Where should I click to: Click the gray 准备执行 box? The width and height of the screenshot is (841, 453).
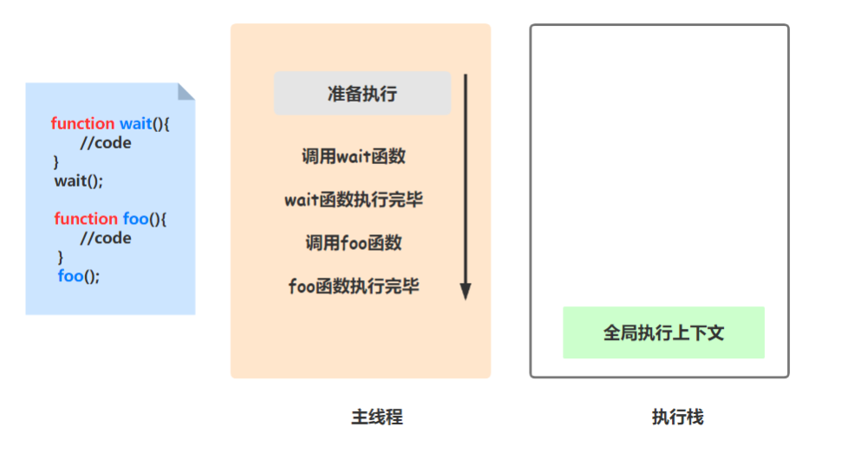(x=362, y=94)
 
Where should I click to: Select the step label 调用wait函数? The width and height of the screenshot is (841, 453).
(x=354, y=157)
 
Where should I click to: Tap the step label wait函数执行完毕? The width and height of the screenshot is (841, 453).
(x=354, y=200)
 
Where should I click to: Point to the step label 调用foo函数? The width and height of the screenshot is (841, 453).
(x=354, y=243)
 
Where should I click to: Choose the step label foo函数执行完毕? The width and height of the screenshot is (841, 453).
(x=354, y=286)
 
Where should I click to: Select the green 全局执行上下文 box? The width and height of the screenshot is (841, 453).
(x=663, y=332)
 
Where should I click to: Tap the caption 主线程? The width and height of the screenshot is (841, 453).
(x=377, y=417)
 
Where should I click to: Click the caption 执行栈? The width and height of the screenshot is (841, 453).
(x=677, y=417)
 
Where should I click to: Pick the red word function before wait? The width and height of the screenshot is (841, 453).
(x=82, y=124)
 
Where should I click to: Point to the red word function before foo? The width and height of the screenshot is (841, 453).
(x=86, y=219)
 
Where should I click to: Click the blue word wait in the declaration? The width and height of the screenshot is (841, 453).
(x=135, y=124)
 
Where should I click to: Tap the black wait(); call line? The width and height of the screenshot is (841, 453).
(x=79, y=181)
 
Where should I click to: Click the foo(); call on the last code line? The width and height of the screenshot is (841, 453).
(x=79, y=276)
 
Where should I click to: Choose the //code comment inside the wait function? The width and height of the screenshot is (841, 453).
(x=106, y=143)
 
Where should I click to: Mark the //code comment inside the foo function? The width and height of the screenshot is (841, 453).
(x=106, y=238)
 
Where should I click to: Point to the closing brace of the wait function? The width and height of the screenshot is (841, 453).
(x=56, y=162)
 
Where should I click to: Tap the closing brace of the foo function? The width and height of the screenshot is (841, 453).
(x=61, y=257)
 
